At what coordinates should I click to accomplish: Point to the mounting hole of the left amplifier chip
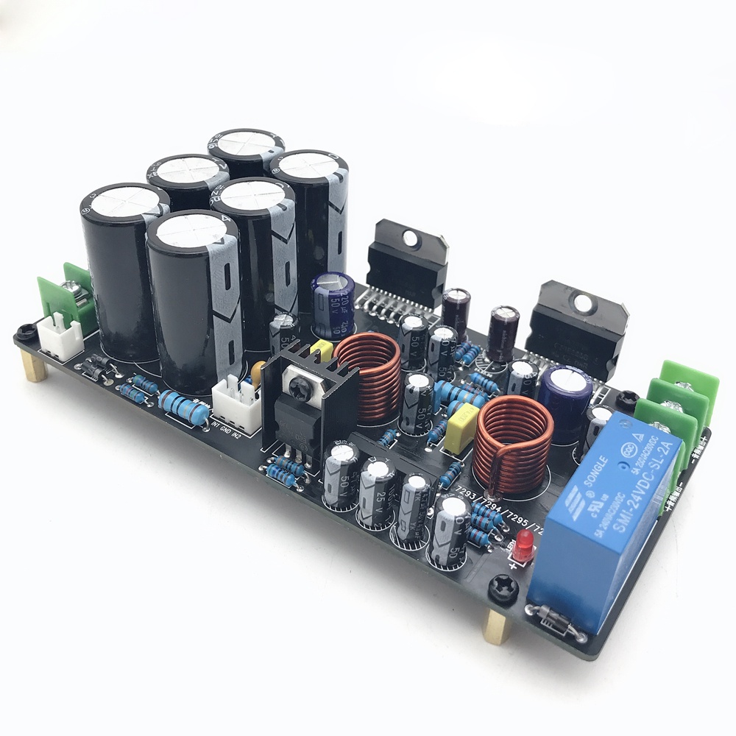click(409, 238)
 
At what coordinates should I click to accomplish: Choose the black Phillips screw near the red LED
click(502, 586)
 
